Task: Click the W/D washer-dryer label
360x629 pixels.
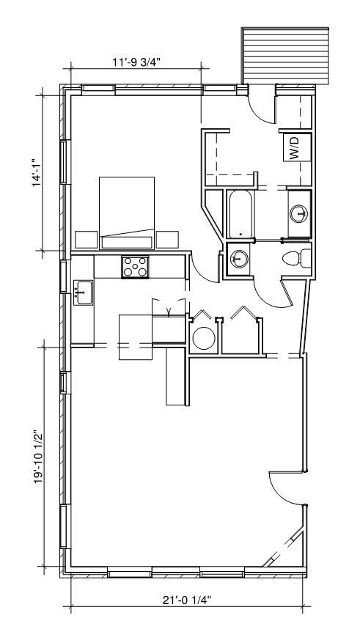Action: [x=295, y=149]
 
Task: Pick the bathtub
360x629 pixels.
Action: [x=239, y=214]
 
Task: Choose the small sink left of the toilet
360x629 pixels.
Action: [x=237, y=258]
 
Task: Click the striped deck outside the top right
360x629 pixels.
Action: [x=285, y=56]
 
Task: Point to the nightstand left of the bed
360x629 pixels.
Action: [x=87, y=239]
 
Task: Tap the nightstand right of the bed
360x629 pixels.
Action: [x=167, y=239]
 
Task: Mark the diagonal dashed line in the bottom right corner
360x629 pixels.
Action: [x=282, y=546]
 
